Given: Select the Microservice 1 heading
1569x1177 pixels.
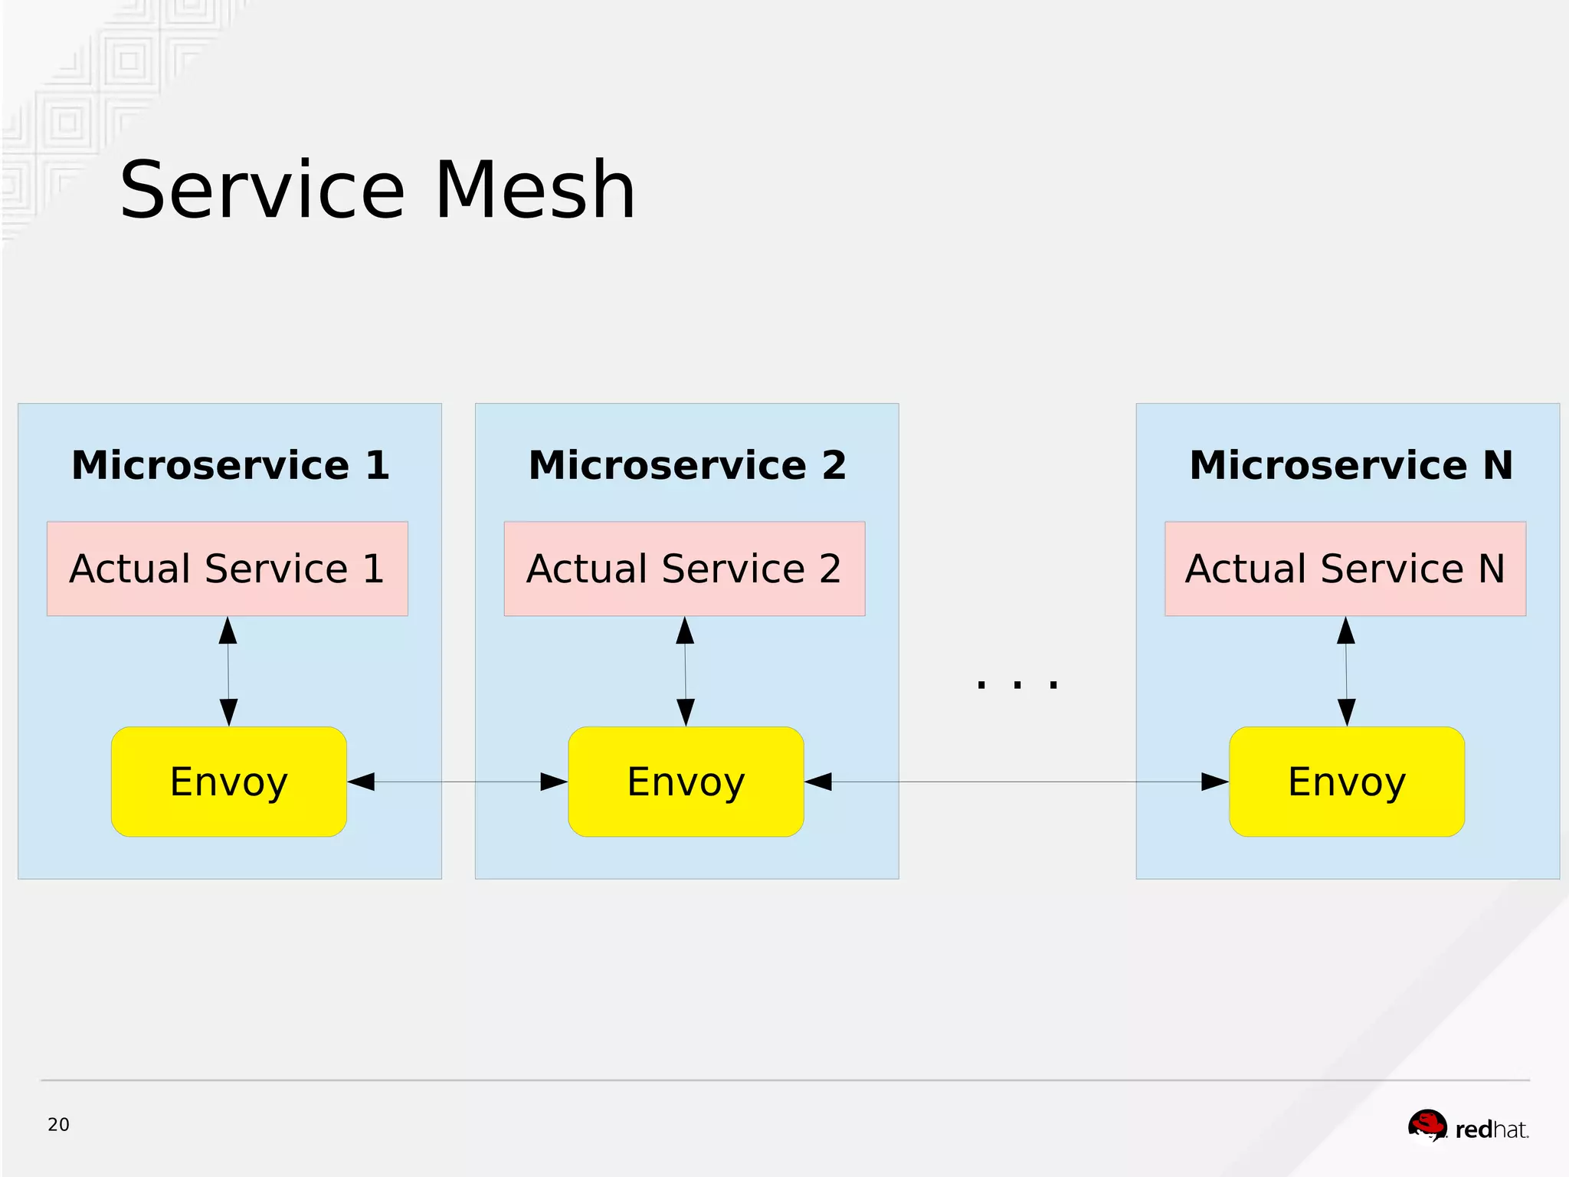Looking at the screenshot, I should [x=230, y=465].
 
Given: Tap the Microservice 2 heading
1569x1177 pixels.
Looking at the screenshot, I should [x=687, y=465].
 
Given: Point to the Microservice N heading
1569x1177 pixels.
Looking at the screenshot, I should [x=1351, y=465].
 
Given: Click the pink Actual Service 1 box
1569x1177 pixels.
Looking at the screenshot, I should [x=227, y=569].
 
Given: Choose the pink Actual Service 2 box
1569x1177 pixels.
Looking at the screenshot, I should [x=684, y=569].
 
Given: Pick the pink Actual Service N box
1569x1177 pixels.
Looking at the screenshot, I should [x=1345, y=569].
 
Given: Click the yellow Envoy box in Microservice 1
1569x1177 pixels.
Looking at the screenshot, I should [x=228, y=782].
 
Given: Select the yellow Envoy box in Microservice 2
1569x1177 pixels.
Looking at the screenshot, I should [x=686, y=782].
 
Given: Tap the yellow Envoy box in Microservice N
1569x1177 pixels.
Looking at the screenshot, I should [x=1347, y=782].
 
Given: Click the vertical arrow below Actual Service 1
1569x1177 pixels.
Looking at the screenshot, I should [x=228, y=671].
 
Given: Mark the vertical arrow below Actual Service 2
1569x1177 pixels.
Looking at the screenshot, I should [x=686, y=671].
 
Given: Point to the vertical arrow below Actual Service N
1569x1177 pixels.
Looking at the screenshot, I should [x=1346, y=671].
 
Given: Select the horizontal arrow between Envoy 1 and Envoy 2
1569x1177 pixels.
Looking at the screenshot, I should [x=457, y=782].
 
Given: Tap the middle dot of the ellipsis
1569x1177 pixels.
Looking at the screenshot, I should [x=1017, y=685].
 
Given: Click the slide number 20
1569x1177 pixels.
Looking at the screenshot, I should [x=58, y=1125].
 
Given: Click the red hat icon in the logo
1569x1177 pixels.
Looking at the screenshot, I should [x=1427, y=1125].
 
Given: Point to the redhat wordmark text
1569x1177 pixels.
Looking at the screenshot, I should [x=1491, y=1129].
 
